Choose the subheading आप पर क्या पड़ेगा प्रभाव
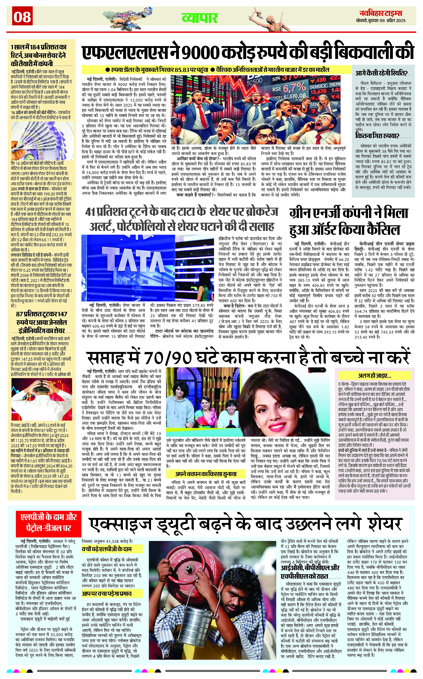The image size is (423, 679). pos(107,593)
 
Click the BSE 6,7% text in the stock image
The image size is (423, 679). pos(290,88)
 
